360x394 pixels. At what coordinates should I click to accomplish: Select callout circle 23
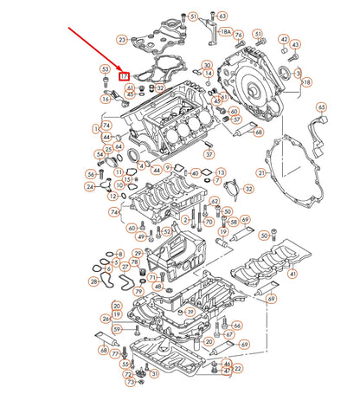tap(122, 39)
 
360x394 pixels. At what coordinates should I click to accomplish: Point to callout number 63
tap(222, 16)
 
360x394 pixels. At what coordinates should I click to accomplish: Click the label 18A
tap(226, 32)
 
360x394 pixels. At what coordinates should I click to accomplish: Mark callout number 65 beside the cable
tap(321, 107)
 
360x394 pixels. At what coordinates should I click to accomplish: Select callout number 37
tap(209, 154)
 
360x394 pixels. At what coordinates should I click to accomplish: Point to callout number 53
tap(105, 69)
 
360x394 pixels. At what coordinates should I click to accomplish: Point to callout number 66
tap(237, 325)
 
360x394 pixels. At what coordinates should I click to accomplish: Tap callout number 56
tap(91, 174)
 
